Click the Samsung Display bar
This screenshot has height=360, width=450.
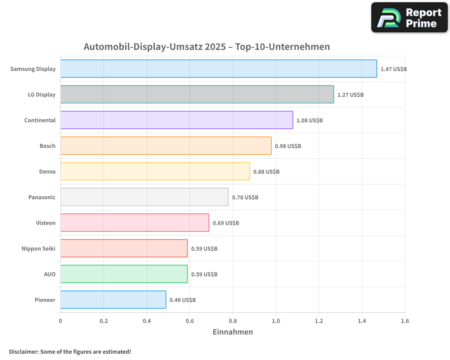click(x=218, y=69)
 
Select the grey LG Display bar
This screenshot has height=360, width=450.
click(x=197, y=94)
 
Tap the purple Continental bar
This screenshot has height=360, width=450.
click(x=176, y=120)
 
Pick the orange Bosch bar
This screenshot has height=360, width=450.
click(x=166, y=146)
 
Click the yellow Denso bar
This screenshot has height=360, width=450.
click(x=155, y=171)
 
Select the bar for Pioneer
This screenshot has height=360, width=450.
click(x=113, y=300)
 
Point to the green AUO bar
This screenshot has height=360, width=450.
click(x=124, y=274)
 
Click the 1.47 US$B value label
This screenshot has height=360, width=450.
click(x=393, y=69)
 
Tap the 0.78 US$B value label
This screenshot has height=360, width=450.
click(x=245, y=198)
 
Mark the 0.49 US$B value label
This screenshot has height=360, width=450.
click(x=183, y=300)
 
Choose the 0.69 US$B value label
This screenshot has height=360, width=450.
click(x=226, y=223)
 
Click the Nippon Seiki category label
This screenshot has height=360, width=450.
click(x=38, y=249)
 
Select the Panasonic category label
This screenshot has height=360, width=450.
click(x=42, y=198)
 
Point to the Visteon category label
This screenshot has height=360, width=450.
click(x=45, y=223)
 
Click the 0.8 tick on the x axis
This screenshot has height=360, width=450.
click(x=233, y=321)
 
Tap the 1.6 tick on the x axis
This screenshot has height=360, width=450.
click(x=405, y=321)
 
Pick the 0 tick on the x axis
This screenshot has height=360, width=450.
click(x=61, y=321)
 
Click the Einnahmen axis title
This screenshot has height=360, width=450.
click(x=233, y=332)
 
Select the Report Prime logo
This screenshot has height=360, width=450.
click(x=409, y=18)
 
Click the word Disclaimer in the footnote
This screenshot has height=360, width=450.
click(x=23, y=351)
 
